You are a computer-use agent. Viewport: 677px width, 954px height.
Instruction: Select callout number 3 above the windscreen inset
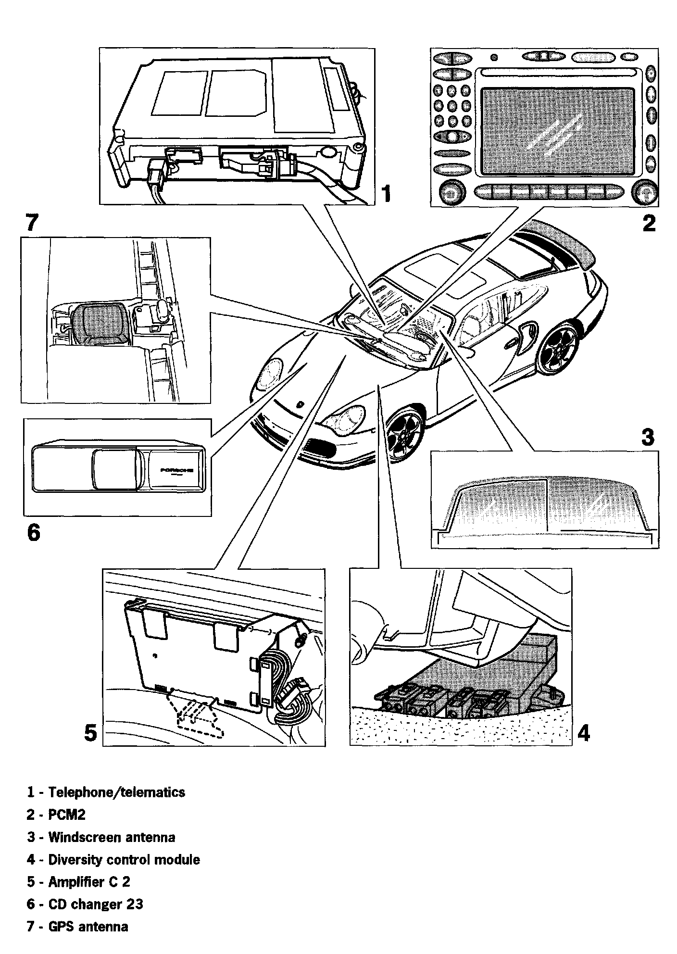pos(648,437)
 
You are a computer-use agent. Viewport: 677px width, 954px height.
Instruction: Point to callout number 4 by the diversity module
pos(583,733)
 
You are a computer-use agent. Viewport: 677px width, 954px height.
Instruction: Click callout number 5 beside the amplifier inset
pos(90,733)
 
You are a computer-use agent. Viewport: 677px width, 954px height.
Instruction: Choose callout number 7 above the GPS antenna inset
pos(31,222)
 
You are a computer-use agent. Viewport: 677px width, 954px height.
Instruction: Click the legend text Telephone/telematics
pos(117,792)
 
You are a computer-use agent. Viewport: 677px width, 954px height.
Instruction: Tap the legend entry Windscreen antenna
pos(112,837)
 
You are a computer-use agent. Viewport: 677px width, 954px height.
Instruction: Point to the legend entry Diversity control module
pos(124,859)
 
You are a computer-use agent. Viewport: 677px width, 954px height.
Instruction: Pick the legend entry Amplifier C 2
pos(89,882)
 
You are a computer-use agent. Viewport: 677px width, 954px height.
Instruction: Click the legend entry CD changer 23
pos(96,904)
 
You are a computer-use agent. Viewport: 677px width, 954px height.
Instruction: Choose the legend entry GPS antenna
pos(88,927)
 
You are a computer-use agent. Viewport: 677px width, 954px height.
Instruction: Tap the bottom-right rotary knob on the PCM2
pos(644,193)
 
